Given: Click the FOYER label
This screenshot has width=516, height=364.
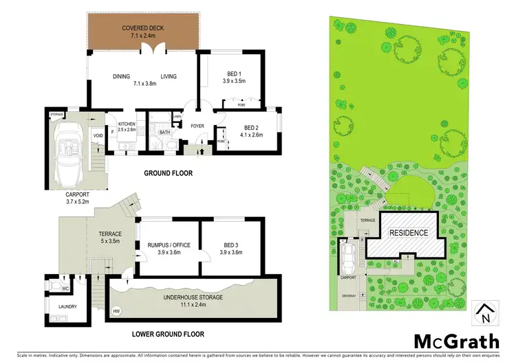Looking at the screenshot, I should coord(198,126).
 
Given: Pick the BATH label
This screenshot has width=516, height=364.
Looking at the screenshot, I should coord(164,132).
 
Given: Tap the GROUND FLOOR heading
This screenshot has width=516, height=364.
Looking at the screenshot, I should coord(168,173).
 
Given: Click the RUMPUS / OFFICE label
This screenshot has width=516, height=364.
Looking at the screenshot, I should coord(169,245).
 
